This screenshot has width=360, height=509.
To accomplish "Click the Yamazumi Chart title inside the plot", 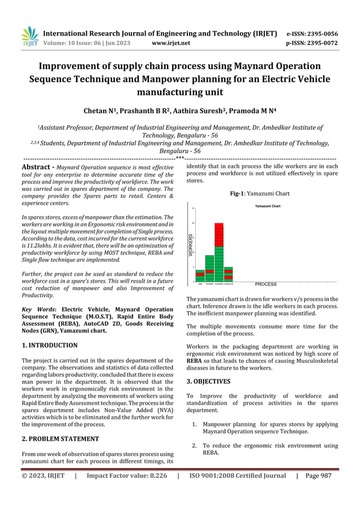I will (x=267, y=207).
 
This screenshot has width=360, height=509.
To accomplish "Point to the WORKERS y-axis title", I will (x=191, y=246).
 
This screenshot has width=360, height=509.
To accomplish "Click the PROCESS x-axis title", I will (x=266, y=284).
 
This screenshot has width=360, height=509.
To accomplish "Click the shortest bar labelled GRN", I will (x=200, y=275).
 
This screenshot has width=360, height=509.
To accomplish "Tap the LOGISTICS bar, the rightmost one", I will (x=229, y=274).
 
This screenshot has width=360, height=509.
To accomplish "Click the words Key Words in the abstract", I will (x=38, y=310).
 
